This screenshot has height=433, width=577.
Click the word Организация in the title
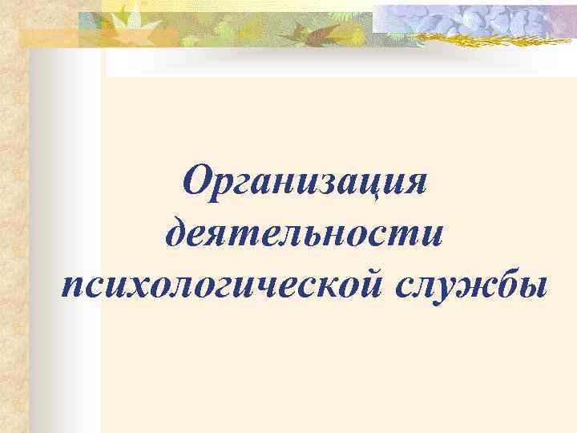(304, 184)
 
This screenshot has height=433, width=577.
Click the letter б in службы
(497, 281)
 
